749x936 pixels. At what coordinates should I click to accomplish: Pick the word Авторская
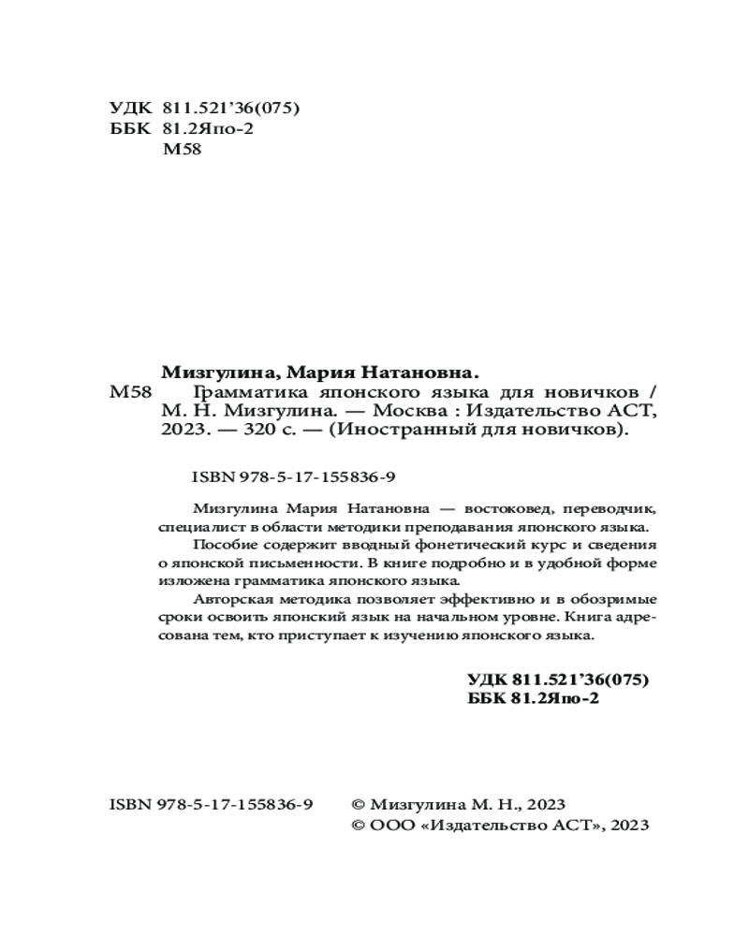click(x=230, y=598)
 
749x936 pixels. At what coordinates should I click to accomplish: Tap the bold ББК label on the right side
click(x=487, y=698)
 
